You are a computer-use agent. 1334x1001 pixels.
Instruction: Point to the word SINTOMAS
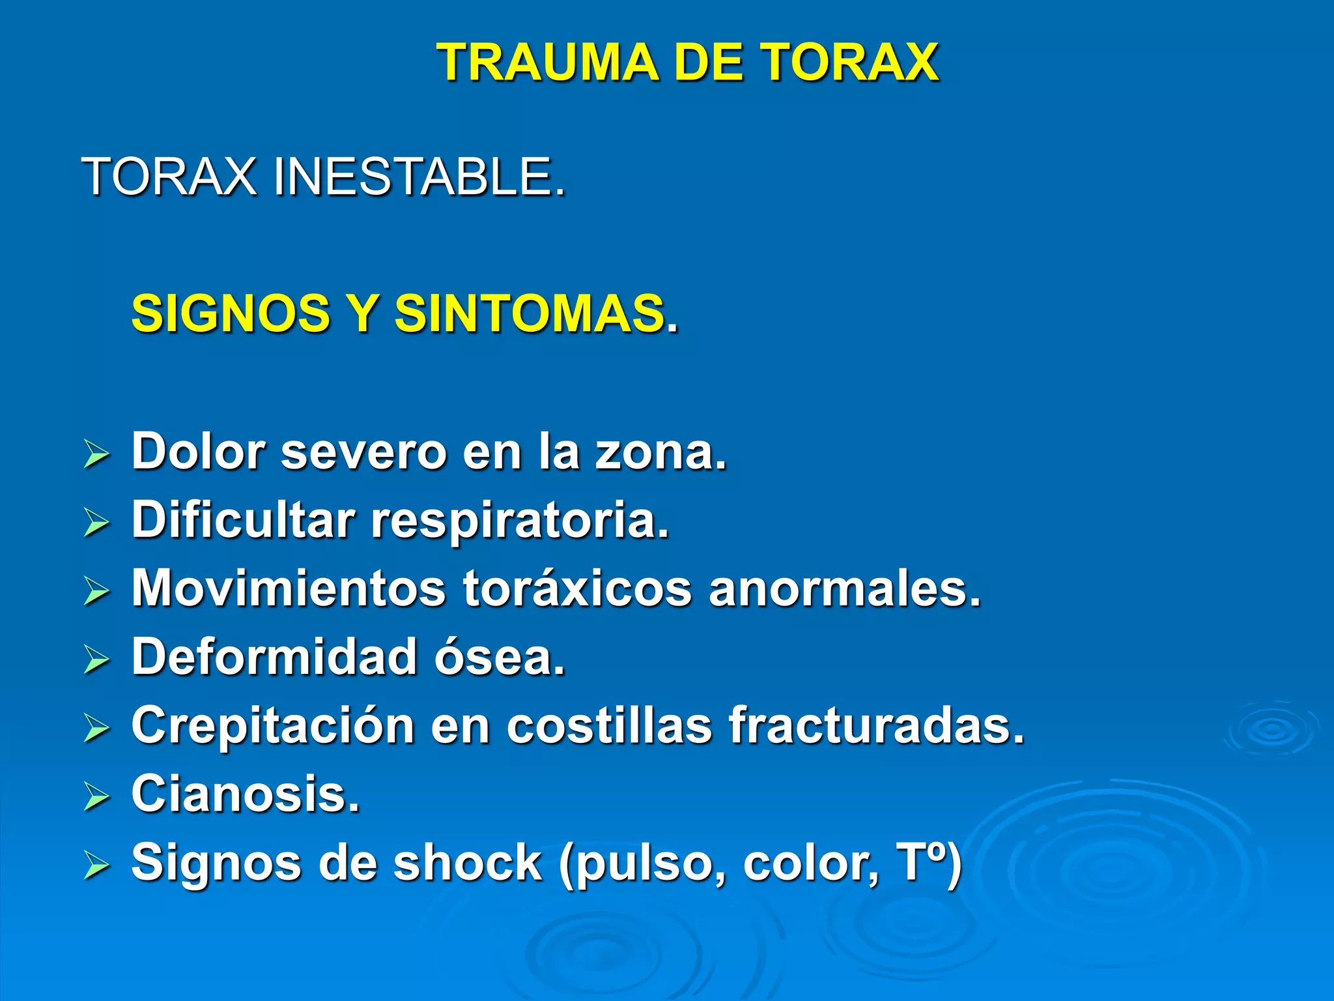pos(530,313)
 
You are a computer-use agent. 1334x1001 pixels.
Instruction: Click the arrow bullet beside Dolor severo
pos(96,454)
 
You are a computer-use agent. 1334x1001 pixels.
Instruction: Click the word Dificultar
pos(243,520)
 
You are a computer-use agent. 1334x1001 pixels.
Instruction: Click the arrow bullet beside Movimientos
pos(96,591)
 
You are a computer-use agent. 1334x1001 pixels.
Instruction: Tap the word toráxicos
pos(577,588)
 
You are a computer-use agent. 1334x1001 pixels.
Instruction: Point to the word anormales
pos(844,588)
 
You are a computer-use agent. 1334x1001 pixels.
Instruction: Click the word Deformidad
pos(274,657)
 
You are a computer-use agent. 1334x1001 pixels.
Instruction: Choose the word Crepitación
pos(273,726)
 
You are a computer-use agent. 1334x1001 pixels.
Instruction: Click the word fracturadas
pos(877,725)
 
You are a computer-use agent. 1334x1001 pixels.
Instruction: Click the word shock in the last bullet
pos(468,863)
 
